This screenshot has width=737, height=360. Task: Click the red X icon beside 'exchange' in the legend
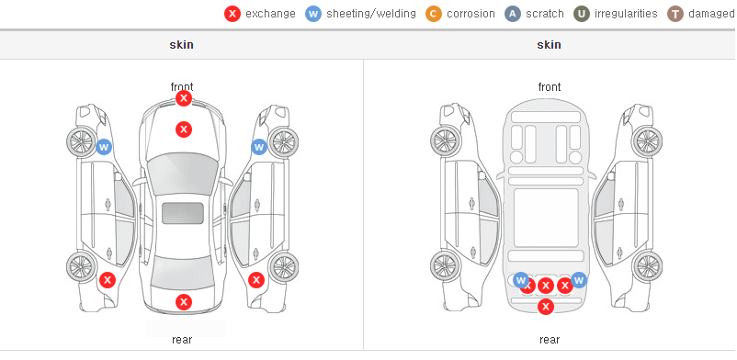coord(232,14)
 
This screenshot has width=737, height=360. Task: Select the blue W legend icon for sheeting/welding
coord(313,14)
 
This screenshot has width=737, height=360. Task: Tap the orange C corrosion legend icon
coord(434,14)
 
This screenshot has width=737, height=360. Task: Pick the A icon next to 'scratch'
coord(513,14)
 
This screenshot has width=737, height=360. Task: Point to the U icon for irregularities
coord(582,14)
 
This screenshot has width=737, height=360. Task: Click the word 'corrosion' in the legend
coord(471,14)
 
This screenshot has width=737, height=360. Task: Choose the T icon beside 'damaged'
coord(675,14)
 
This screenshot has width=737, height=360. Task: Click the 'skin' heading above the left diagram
coord(181,45)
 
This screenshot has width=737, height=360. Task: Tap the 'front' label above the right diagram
coord(549,87)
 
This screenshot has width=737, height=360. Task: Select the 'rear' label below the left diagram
coord(182,340)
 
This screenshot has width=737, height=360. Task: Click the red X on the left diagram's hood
coord(184,129)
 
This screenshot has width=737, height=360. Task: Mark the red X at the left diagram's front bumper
coord(184,98)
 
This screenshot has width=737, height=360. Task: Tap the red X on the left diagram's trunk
coord(184,302)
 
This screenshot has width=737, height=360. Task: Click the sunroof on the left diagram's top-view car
coord(183,213)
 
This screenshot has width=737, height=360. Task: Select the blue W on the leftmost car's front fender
coord(104,147)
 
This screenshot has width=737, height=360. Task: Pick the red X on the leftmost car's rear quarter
coord(108,281)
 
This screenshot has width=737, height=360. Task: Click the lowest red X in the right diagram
coord(545,307)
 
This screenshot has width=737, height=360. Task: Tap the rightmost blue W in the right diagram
coord(579,280)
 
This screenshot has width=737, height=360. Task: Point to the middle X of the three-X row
coord(545,286)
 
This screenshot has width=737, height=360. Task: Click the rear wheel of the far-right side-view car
coord(647,266)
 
